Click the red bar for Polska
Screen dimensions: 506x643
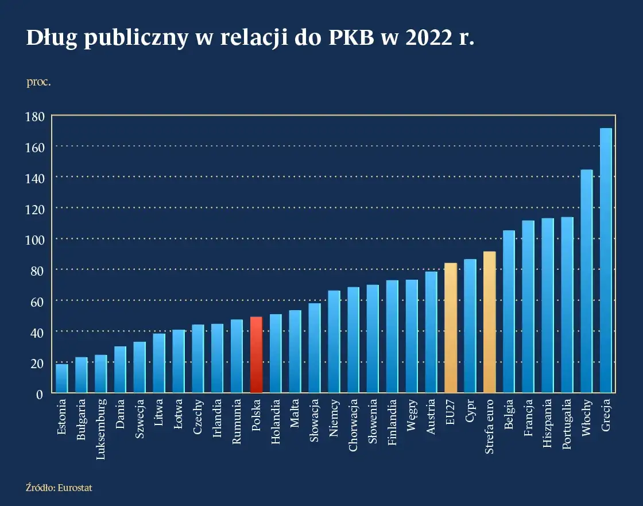point(257,355)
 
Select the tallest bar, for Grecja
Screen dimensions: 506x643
point(606,261)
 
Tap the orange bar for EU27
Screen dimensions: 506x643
point(451,328)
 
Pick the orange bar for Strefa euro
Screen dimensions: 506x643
point(489,322)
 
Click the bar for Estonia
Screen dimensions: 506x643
point(62,378)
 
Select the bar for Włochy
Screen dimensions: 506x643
point(586,281)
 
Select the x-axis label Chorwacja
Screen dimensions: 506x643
point(354,426)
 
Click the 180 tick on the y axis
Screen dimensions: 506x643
point(34,117)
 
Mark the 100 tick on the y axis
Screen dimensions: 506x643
point(34,240)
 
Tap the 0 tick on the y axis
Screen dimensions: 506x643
point(40,394)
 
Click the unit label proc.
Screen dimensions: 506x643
point(38,82)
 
